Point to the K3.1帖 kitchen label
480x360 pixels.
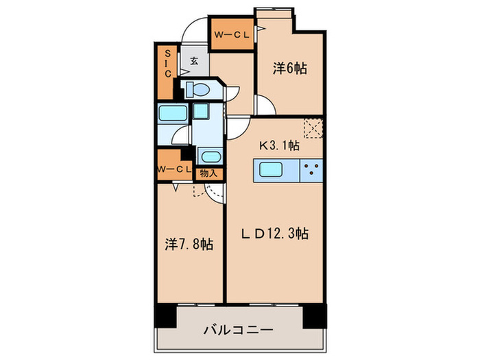(x=278, y=145)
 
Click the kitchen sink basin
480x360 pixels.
(x=274, y=170)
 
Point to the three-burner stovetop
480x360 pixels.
(x=311, y=170)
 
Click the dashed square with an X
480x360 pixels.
(x=313, y=128)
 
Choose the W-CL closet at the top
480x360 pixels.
(x=232, y=35)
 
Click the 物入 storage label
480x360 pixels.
(x=208, y=173)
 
